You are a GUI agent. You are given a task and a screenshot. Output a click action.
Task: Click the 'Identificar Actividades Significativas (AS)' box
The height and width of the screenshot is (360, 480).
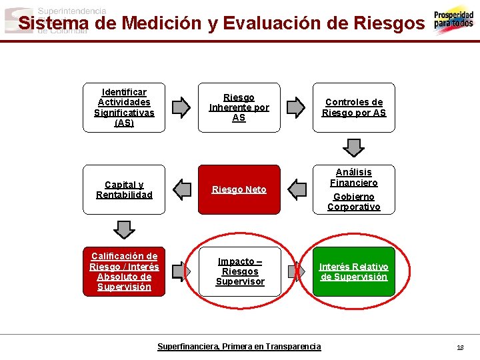pos(124,107)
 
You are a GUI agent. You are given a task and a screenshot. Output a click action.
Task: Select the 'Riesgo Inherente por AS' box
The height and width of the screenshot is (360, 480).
pos(239,107)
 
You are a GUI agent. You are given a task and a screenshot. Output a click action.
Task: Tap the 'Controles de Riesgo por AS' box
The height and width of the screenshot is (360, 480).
pos(354,107)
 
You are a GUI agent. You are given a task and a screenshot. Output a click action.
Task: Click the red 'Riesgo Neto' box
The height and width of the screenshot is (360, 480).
pos(239,189)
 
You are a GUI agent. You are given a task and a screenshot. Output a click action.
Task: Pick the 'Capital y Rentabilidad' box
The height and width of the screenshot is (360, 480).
pos(124,189)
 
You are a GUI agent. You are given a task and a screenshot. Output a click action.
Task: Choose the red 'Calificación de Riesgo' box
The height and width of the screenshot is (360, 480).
pos(124,271)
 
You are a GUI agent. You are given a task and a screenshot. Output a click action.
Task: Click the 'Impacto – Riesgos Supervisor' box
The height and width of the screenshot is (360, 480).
pos(239,271)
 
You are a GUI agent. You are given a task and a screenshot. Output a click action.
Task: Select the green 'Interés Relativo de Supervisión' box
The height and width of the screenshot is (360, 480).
pos(354,271)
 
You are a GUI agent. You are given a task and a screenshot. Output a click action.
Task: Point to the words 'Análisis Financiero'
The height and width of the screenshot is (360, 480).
pos(354,177)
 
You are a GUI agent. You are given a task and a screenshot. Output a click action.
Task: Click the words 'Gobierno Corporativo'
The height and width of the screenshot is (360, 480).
pos(354,201)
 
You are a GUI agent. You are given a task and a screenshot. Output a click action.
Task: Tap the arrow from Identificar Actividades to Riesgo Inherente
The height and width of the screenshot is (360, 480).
pos(181,107)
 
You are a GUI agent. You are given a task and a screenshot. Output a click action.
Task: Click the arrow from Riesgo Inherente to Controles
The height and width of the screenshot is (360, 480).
pos(295,107)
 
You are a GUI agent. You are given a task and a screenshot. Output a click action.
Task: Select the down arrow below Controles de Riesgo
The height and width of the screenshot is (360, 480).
pos(353,147)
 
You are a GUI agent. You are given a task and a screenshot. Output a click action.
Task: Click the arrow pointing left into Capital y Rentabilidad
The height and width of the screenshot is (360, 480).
pos(181,189)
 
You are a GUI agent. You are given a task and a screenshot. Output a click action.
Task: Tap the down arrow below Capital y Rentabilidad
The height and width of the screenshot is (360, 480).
pos(124,229)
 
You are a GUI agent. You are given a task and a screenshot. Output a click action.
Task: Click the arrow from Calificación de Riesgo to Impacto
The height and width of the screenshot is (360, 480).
pos(181,271)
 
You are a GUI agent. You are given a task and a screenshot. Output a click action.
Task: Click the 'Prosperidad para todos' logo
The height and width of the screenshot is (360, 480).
pos(453,21)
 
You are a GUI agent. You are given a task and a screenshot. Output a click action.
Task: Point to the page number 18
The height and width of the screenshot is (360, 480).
pos(460,347)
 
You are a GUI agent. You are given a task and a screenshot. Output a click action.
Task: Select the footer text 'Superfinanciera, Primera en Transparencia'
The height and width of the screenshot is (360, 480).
pos(239,347)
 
